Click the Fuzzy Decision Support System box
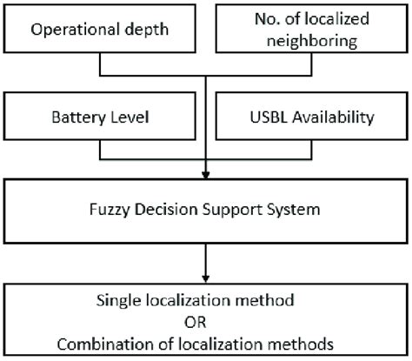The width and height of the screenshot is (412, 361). click(x=206, y=210)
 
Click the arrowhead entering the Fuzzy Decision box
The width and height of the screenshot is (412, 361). click(x=206, y=177)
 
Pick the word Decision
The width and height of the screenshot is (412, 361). click(x=163, y=210)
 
